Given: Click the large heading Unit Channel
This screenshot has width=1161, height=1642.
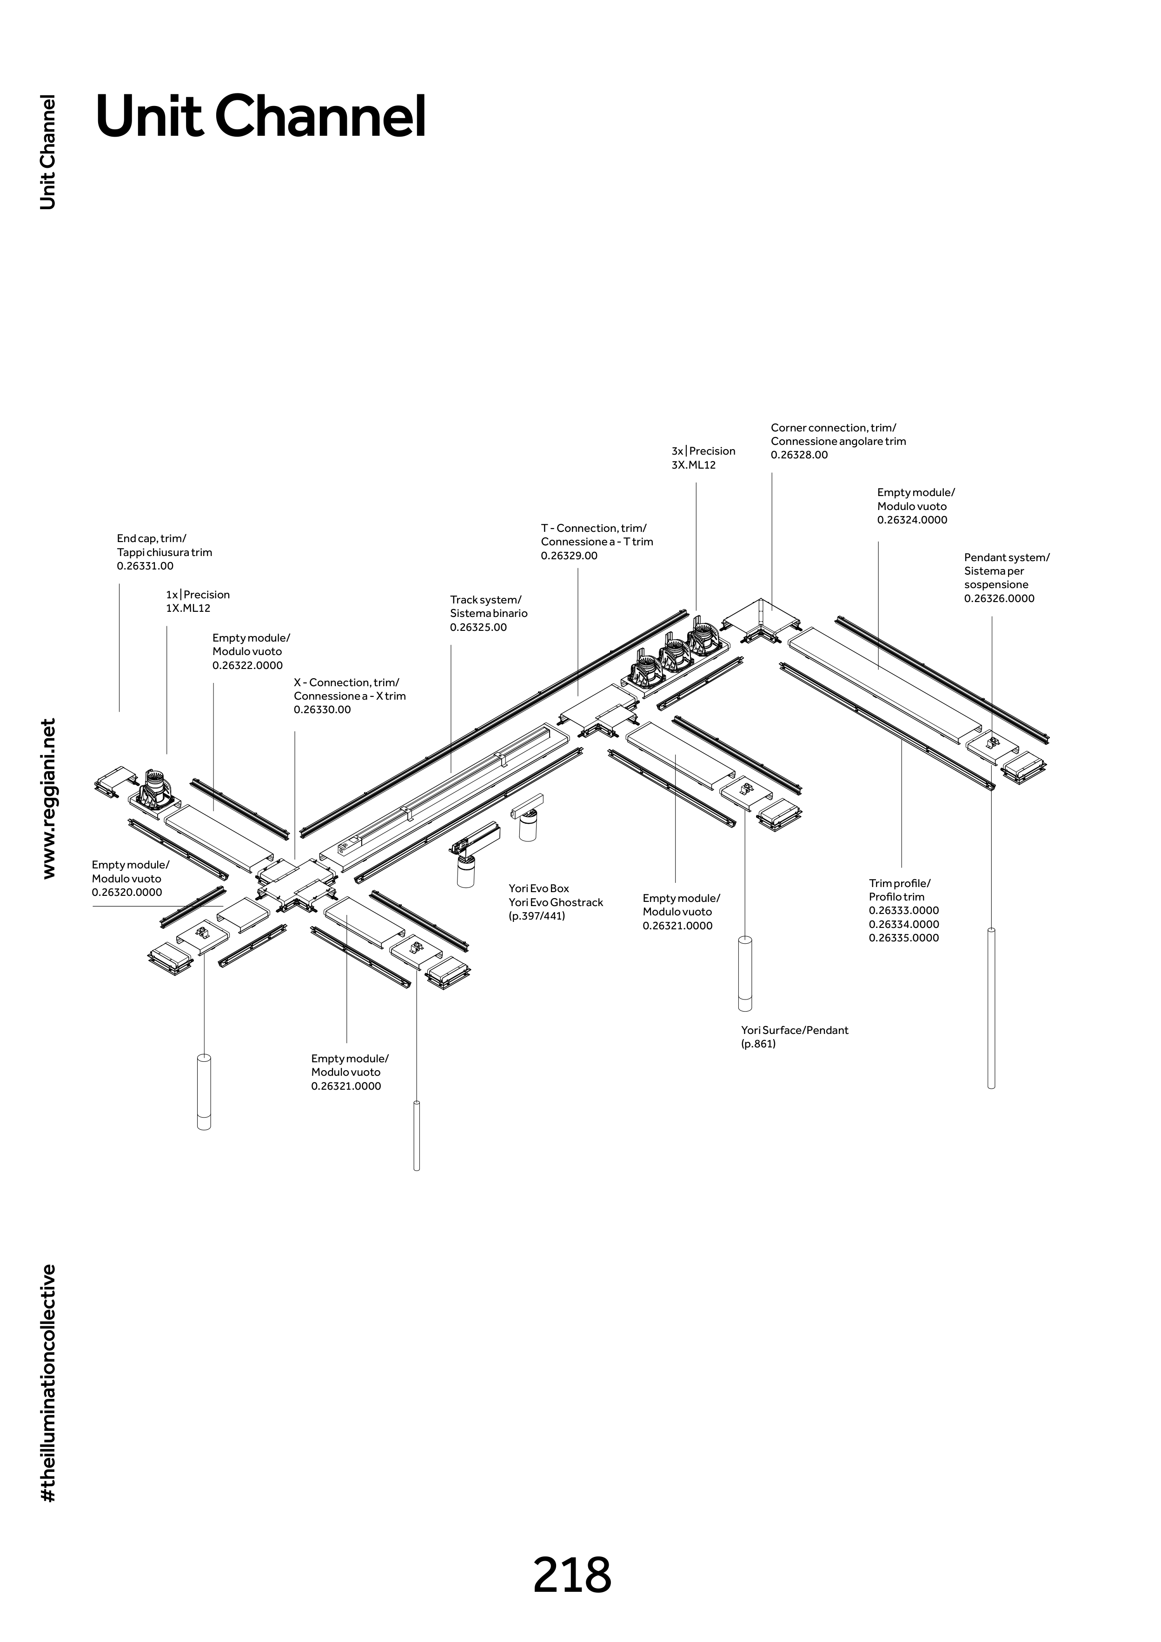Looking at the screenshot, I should [261, 117].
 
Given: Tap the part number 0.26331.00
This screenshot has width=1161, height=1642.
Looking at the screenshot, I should [145, 566].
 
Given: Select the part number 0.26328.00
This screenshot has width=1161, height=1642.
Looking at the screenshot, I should [799, 455].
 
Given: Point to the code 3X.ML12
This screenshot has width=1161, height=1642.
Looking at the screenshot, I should [693, 465].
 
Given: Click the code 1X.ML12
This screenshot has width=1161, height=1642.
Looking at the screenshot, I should [188, 609].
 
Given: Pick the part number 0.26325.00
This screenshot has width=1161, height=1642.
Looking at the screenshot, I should [478, 627].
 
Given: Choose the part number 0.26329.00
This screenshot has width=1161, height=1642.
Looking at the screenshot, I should [569, 556].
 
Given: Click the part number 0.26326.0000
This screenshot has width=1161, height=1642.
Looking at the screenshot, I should [999, 599].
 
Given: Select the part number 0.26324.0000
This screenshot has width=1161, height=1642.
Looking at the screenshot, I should [912, 520].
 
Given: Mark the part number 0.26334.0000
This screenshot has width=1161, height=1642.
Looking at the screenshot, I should [903, 924].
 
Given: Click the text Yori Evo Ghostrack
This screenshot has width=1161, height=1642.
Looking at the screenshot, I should [556, 902].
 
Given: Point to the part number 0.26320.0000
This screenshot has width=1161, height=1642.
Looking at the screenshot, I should [126, 893].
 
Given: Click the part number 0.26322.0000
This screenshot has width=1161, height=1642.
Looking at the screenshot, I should [247, 665].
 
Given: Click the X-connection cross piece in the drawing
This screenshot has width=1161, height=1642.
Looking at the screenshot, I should [297, 884].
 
